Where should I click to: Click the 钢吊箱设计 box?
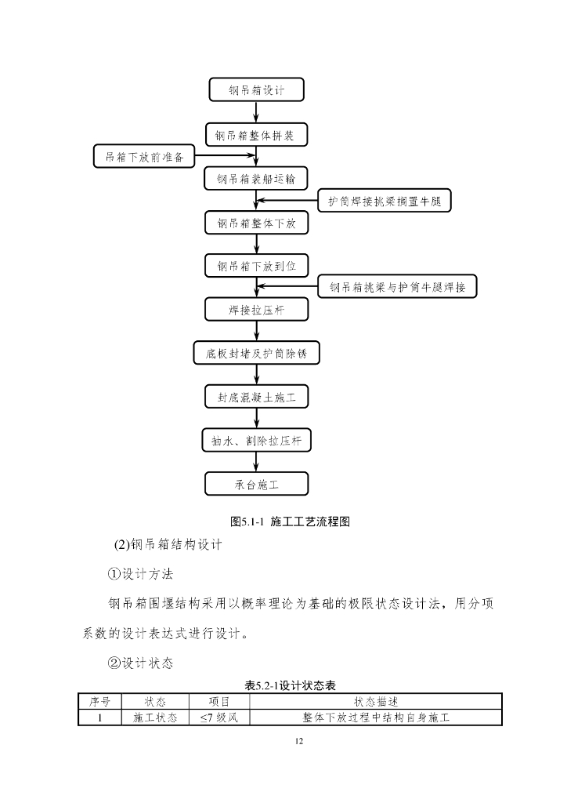(256, 89)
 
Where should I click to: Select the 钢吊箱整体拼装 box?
(256, 134)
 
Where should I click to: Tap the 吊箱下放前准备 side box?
(143, 156)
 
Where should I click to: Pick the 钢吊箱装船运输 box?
(256, 178)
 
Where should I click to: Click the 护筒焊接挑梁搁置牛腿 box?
(385, 201)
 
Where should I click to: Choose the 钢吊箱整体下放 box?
(256, 223)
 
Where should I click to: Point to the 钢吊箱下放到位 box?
(256, 266)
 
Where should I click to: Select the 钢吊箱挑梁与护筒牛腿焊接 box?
(398, 287)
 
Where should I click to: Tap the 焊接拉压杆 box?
(256, 309)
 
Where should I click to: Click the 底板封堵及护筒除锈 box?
(256, 353)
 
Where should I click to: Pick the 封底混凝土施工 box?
(256, 397)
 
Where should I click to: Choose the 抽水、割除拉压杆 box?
(256, 441)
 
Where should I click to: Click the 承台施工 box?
(256, 484)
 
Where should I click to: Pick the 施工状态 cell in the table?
(150, 717)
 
